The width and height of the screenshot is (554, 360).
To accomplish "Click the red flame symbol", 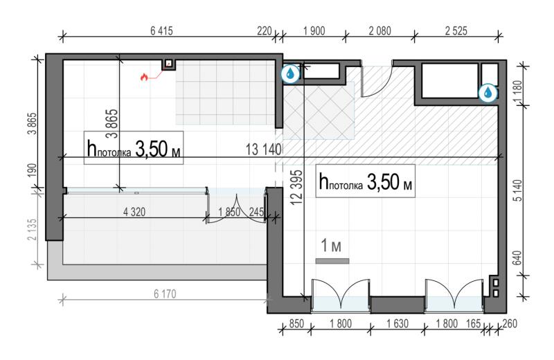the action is tap(144, 77).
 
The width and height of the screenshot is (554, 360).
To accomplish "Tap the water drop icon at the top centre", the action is tap(290, 74).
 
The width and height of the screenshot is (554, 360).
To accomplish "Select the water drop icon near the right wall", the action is tap(488, 93).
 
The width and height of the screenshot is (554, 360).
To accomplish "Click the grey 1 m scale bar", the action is tap(332, 261).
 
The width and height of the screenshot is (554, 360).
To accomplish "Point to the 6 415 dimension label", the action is tap(161, 31).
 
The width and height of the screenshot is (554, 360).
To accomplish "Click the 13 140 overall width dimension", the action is tap(264, 150).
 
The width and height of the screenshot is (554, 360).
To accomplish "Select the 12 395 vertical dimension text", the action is tap(297, 187).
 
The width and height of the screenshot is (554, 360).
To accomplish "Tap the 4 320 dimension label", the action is tap(134, 212).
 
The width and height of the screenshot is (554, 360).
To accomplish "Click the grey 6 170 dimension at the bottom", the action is tap(165, 294).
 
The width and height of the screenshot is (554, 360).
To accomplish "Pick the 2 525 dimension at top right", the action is tap(456, 31).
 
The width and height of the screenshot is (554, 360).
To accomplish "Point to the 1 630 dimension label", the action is tap(397, 323).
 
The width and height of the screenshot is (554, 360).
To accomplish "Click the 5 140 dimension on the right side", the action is tap(517, 191).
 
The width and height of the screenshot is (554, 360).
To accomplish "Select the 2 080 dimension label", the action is tap(379, 31).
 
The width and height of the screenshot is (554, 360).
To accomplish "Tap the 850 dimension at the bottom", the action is tap(296, 323).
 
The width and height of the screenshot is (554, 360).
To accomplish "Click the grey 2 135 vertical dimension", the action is tap(32, 230).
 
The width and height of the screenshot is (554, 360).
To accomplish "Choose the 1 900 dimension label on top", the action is tap(314, 31).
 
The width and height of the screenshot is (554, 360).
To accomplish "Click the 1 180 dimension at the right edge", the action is tap(518, 93).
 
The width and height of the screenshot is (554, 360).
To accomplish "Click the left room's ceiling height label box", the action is tap(134, 147).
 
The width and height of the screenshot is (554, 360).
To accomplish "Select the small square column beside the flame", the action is tap(169, 64).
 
